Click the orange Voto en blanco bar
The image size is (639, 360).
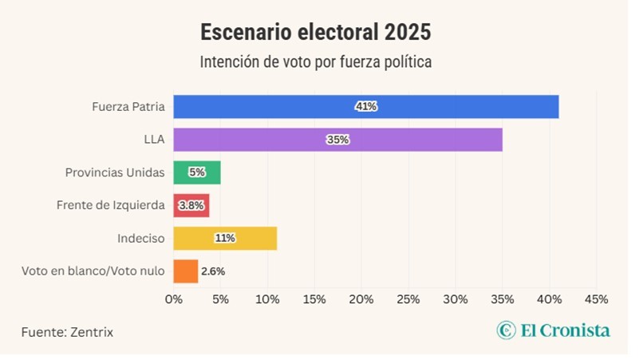coord(185,271)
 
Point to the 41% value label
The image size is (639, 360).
coord(366,106)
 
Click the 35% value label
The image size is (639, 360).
coord(337,140)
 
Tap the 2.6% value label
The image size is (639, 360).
coord(213,271)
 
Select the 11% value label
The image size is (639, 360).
coord(225,238)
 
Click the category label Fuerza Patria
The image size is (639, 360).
coord(128,106)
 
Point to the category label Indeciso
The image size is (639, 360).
coord(140,238)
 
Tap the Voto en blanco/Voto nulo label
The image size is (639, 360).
coord(93,271)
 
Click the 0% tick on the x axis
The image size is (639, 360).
coord(173,299)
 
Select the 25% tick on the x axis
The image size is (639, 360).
coord(408,299)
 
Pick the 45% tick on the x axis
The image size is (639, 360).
coord(596,299)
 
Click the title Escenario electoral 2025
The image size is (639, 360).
coord(315,33)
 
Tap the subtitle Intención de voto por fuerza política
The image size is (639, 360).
coord(315,61)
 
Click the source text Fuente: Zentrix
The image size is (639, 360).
coord(67,331)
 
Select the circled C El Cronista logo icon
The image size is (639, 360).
coord(505,330)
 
